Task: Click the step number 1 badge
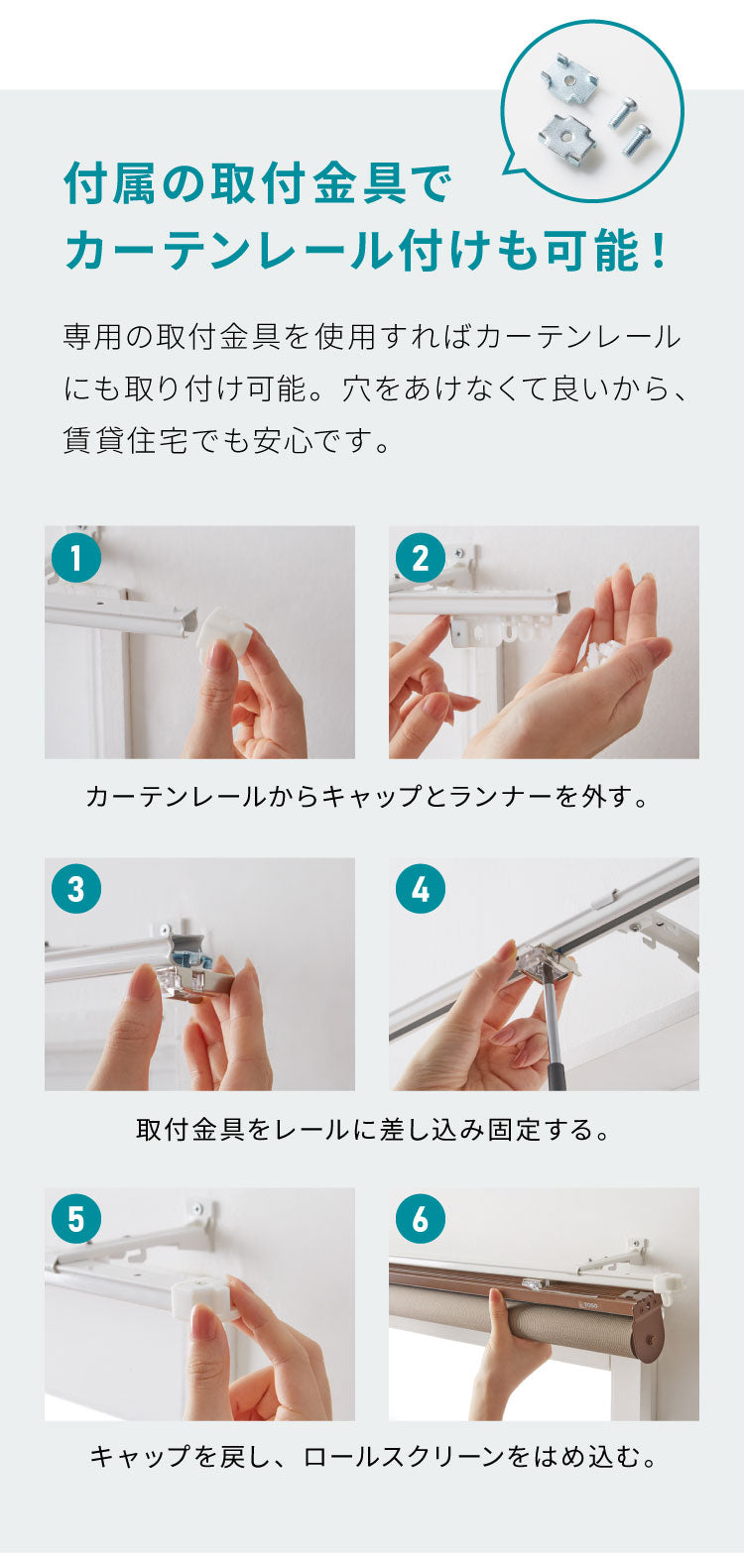[76, 557]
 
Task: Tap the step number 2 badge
[421, 557]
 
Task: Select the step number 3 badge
[76, 889]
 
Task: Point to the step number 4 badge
[421, 889]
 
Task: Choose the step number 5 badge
[76, 1219]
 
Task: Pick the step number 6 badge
[421, 1219]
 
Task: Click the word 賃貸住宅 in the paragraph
[126, 440]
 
